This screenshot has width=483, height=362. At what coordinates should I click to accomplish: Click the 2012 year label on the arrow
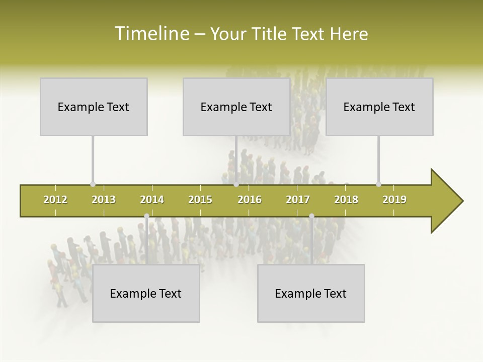(55, 200)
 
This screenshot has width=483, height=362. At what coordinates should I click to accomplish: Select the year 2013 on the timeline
(104, 200)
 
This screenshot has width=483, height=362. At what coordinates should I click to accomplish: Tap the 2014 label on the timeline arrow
(152, 200)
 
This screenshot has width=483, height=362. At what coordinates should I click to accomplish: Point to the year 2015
(200, 200)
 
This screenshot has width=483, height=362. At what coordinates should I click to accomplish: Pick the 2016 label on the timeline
(250, 200)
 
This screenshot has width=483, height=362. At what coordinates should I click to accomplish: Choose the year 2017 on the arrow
(298, 200)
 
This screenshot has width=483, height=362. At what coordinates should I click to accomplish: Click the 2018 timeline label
(346, 200)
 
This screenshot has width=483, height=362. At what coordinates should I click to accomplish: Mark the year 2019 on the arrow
(394, 200)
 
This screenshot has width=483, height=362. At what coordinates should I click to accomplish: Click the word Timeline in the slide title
(151, 34)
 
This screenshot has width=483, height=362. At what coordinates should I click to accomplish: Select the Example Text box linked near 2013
(94, 107)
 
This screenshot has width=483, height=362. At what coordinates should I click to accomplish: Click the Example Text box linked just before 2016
(236, 107)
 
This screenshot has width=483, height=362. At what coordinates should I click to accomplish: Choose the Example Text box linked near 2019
(379, 107)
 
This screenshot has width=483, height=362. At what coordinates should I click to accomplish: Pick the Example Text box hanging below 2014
(146, 293)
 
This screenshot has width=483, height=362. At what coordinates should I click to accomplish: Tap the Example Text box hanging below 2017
(311, 293)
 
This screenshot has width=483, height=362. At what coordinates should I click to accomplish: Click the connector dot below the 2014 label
(146, 216)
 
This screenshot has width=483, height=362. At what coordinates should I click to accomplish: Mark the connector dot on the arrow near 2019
(379, 184)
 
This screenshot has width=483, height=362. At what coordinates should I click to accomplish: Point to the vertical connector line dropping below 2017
(311, 240)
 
